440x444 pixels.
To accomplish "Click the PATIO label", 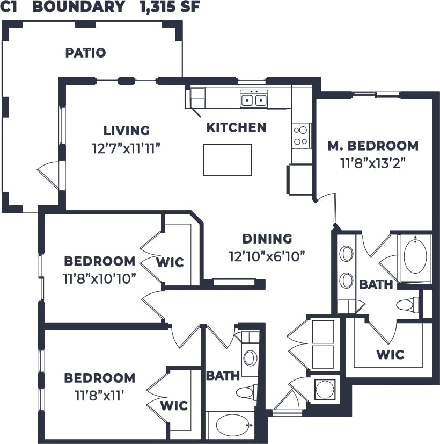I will [x=85, y=53].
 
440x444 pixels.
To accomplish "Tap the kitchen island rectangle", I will [x=228, y=160].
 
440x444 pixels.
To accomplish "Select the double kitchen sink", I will [x=254, y=99].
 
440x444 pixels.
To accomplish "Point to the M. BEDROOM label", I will [x=373, y=145].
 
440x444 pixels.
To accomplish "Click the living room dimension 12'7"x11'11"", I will [x=127, y=147].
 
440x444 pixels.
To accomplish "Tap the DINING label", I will [x=267, y=239].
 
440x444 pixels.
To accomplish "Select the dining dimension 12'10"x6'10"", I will [x=267, y=255].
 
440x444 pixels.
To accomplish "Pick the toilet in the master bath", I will [x=408, y=305].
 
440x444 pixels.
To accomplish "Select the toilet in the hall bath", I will [x=247, y=392].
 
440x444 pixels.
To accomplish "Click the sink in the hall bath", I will [x=250, y=358].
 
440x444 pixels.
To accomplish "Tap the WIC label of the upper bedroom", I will [x=170, y=263].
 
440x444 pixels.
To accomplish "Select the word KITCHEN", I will [x=237, y=127].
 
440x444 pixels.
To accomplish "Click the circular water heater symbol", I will [x=324, y=389].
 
